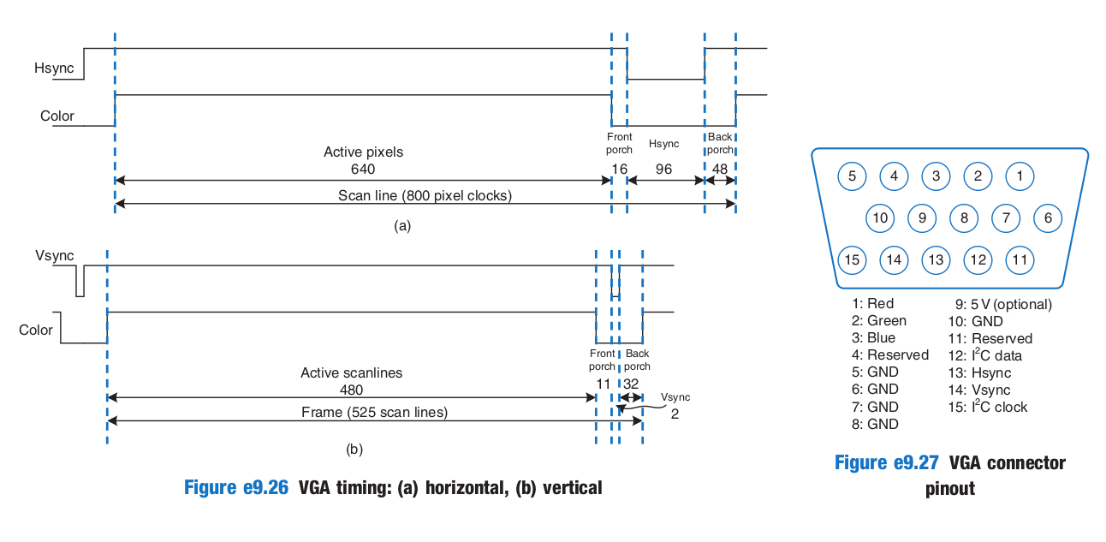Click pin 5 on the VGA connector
tap(852, 176)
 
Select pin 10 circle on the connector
tap(880, 217)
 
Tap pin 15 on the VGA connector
tap(852, 259)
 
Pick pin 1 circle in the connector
tap(1020, 176)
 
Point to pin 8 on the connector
tap(964, 217)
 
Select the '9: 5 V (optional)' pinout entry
tap(1003, 304)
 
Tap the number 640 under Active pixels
tap(363, 169)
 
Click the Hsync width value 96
tap(663, 169)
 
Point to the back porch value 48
tap(720, 169)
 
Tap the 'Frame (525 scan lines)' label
tap(374, 412)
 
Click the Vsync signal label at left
tap(55, 255)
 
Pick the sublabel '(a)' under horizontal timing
tap(402, 226)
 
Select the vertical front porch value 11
tap(603, 384)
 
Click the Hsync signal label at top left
tap(54, 68)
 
